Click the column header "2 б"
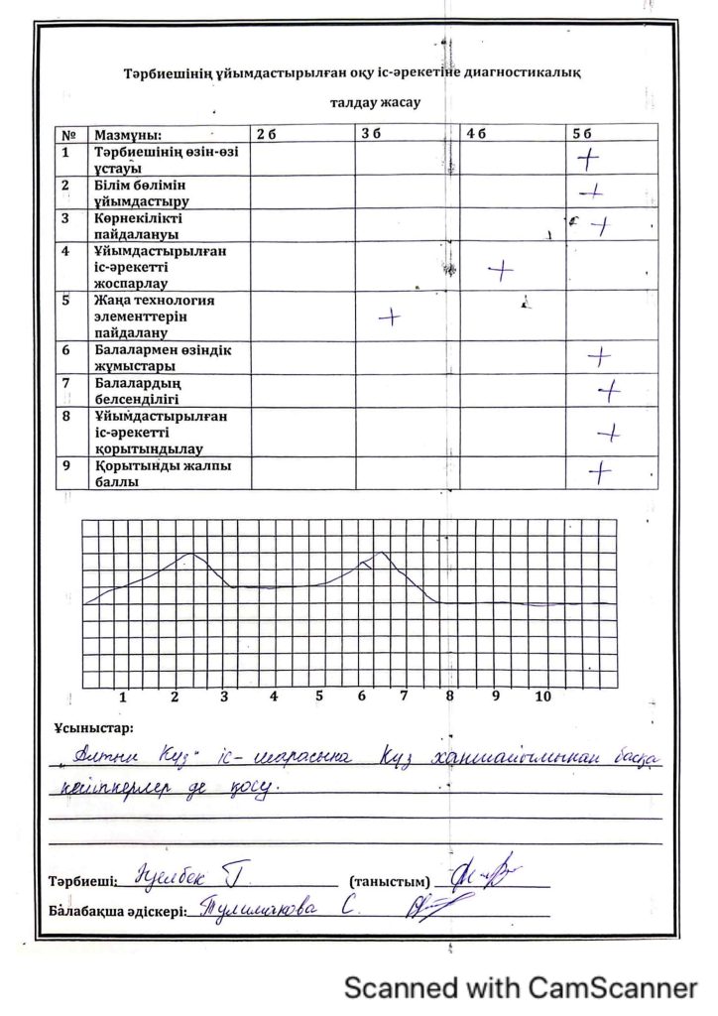pyautogui.click(x=265, y=133)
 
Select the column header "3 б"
pyautogui.click(x=370, y=133)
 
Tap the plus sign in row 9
pyautogui.click(x=600, y=472)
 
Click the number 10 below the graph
pyautogui.click(x=542, y=698)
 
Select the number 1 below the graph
pyautogui.click(x=123, y=698)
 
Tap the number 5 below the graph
pyautogui.click(x=319, y=698)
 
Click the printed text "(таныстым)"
pyautogui.click(x=391, y=881)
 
